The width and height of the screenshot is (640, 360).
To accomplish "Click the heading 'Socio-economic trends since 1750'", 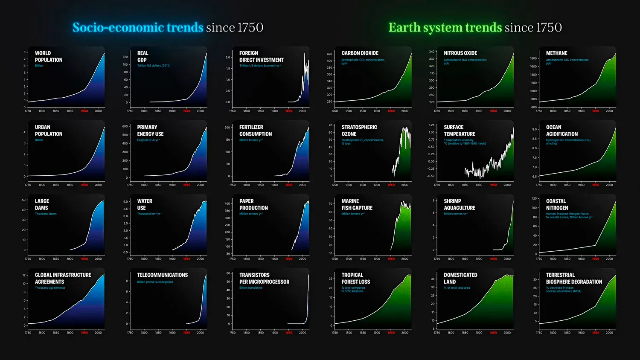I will click(168, 28).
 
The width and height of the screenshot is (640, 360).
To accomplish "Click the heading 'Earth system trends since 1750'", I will click(475, 28).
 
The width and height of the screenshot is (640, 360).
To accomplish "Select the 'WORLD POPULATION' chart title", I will click(49, 57).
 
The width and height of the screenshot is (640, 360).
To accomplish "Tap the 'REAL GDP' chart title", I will click(143, 57).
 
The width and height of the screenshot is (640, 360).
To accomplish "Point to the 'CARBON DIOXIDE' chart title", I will click(360, 53).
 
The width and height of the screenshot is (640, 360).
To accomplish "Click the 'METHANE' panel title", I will click(556, 53).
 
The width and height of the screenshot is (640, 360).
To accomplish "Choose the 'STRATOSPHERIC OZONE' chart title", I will click(359, 131).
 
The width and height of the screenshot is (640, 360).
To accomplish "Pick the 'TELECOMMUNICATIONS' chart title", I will click(162, 275).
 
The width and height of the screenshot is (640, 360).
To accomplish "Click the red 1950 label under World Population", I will click(84, 111).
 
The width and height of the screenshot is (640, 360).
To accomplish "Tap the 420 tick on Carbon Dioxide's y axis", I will click(329, 54).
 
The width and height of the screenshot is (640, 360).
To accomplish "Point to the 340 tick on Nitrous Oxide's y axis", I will click(432, 52).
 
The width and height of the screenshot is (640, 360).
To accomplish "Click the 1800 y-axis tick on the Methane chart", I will click(533, 58).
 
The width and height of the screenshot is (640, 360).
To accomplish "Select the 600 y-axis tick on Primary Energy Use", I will click(125, 126).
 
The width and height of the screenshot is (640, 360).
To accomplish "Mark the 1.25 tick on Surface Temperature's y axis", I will click(432, 125).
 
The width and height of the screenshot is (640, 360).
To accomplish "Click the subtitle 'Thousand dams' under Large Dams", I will click(46, 214).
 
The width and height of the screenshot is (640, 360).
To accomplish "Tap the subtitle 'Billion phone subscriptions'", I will click(155, 282).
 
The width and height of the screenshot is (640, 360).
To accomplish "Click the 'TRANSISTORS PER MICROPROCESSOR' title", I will click(264, 279).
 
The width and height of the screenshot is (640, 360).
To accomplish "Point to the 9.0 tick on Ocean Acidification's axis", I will click(535, 129).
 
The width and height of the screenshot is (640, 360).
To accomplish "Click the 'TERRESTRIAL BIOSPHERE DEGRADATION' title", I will click(574, 279).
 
